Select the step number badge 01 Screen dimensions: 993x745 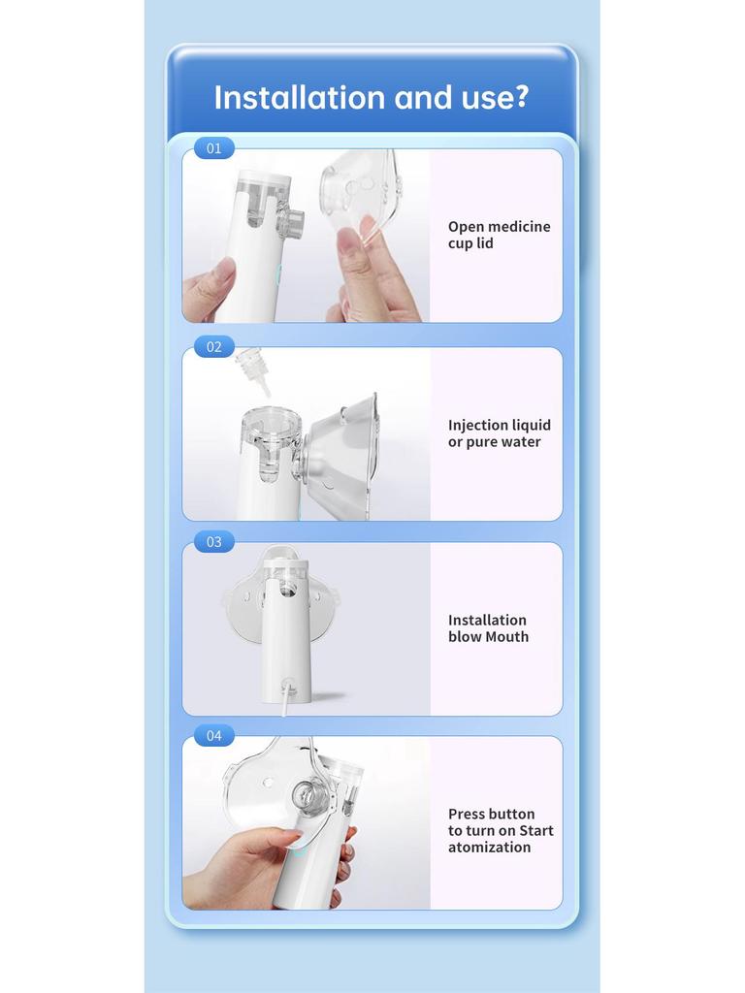[x=214, y=148]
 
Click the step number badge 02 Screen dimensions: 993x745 [x=214, y=346]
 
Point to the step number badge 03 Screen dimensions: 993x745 [x=214, y=541]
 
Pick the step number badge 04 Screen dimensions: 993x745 [x=214, y=736]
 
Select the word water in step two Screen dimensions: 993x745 [x=521, y=442]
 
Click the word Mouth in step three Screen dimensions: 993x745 [x=507, y=637]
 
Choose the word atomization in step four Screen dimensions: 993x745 [x=489, y=848]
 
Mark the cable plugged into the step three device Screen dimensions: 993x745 [x=284, y=700]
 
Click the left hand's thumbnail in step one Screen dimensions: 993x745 [x=223, y=271]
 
